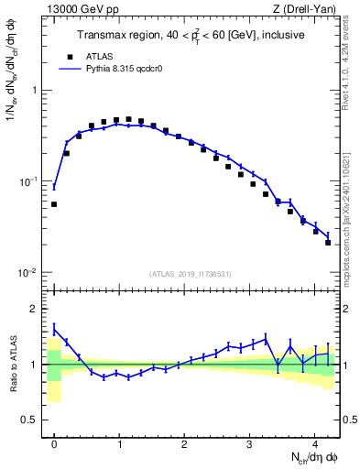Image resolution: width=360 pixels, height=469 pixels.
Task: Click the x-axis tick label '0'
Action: tap(54, 445)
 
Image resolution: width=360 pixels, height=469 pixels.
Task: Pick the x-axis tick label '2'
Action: tap(184, 445)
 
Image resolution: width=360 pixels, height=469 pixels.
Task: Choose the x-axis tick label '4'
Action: tap(314, 445)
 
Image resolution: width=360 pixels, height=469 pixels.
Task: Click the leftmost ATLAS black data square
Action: tap(54, 204)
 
